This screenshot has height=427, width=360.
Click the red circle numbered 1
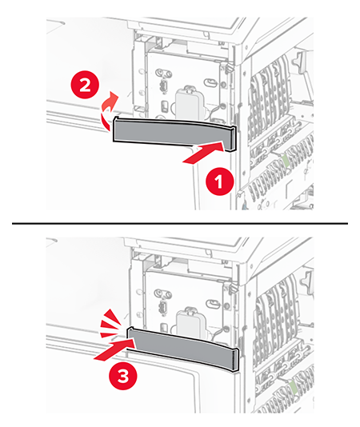pyautogui.click(x=218, y=182)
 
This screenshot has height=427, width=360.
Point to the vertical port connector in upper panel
pyautogui.click(x=162, y=85)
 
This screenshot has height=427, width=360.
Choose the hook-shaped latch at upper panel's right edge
pyautogui.click(x=298, y=63)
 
